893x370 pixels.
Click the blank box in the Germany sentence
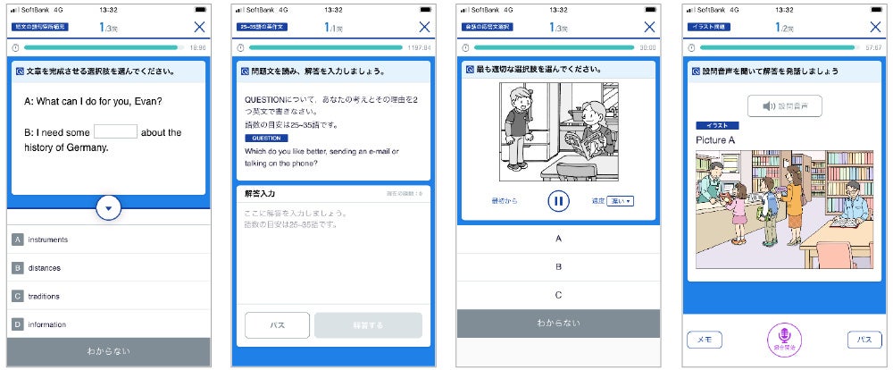115,131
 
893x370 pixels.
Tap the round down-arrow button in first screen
108,208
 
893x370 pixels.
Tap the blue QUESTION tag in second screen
266,139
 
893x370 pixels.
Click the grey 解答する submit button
368,325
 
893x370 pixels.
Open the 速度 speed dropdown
619,201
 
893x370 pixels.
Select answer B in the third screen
559,266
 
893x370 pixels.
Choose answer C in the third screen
559,295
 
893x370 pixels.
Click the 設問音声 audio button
785,106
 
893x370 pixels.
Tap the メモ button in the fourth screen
705,340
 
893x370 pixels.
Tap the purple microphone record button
785,340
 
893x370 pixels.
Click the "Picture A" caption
715,140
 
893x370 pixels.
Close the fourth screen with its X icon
875,27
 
